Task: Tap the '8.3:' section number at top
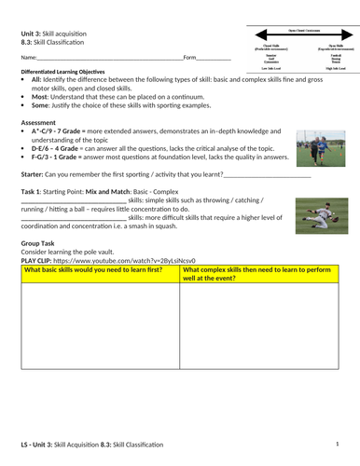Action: (x=27, y=43)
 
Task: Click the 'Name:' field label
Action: (x=29, y=59)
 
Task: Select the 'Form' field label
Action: (x=190, y=59)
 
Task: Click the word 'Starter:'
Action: (x=35, y=175)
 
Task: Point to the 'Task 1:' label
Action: (x=35, y=191)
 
